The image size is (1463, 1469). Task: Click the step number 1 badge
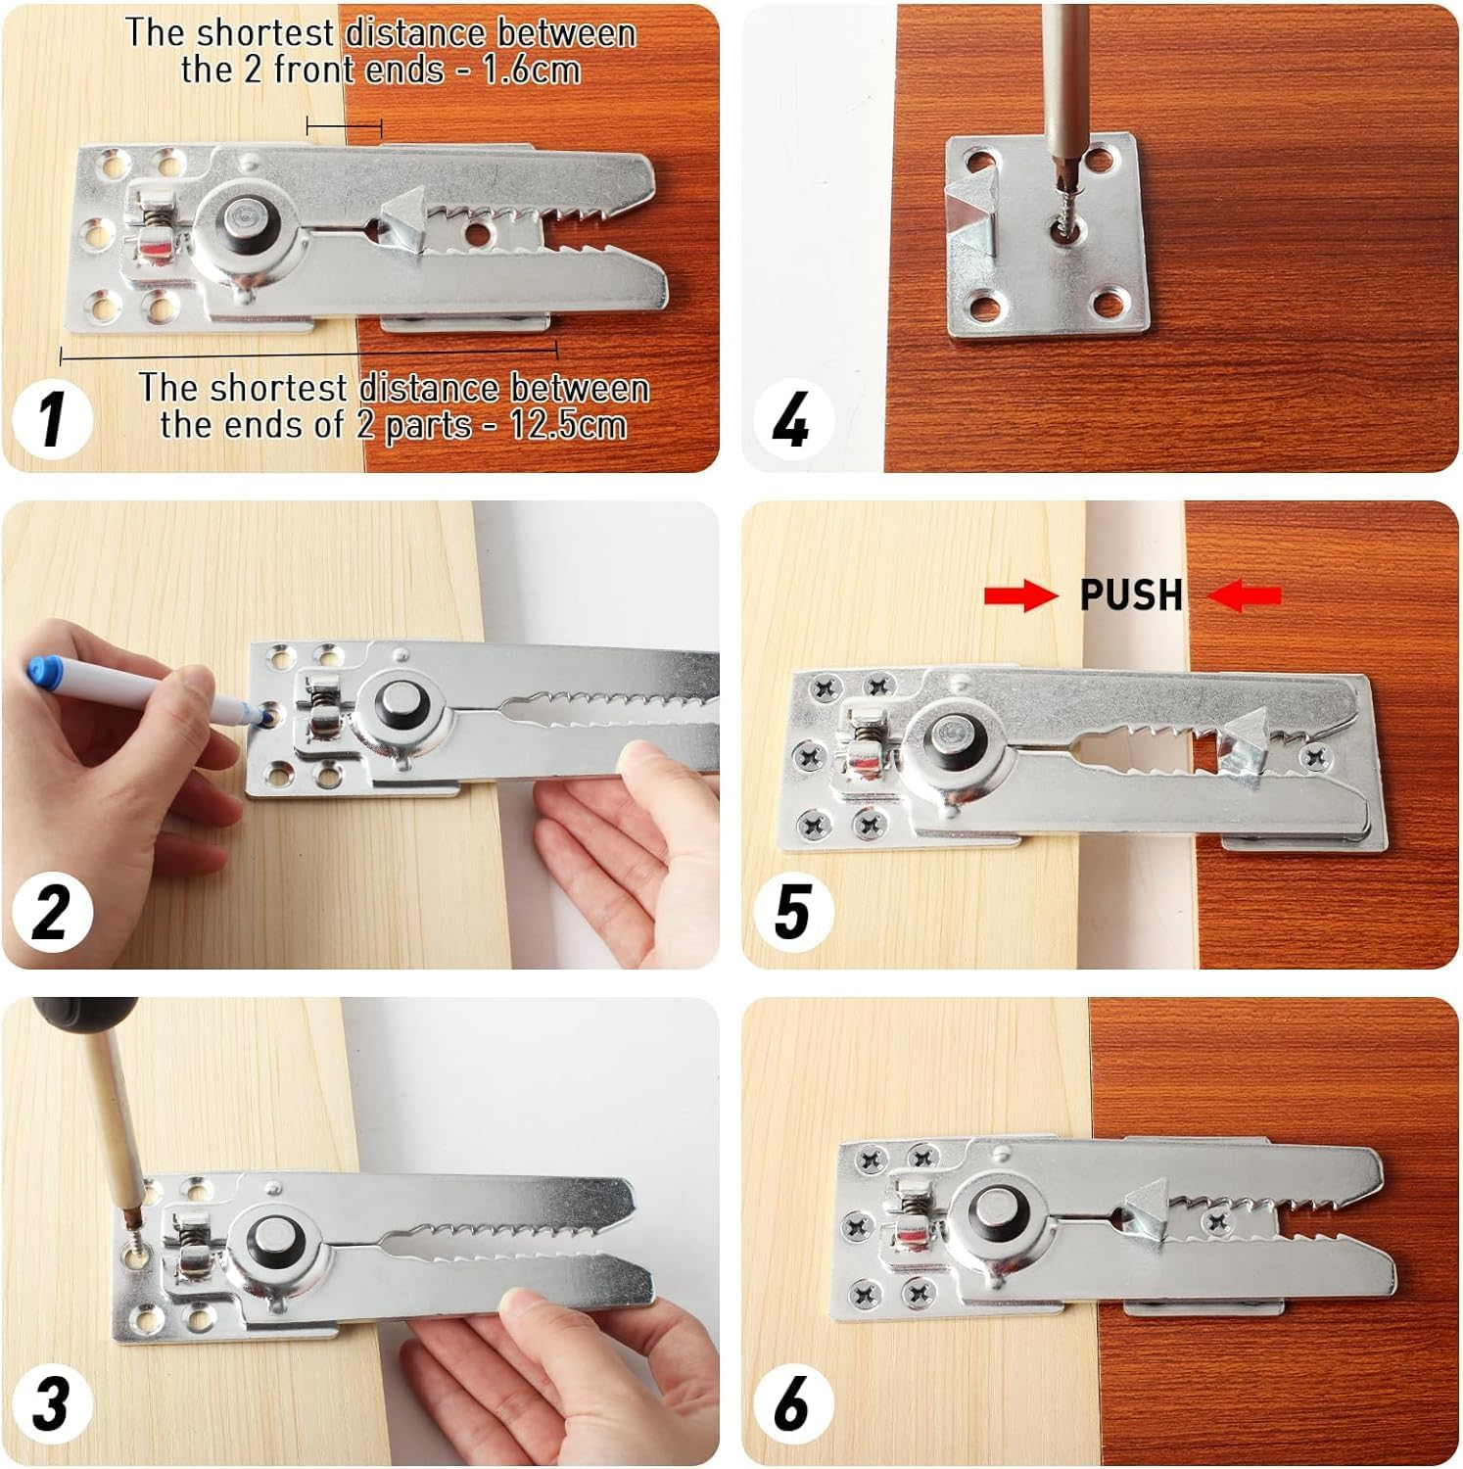52,419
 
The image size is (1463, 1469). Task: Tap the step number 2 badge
52,911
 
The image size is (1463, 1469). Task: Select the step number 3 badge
52,1402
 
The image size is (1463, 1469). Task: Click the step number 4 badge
791,419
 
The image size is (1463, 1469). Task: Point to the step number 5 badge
791,911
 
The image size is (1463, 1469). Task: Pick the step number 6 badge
791,1402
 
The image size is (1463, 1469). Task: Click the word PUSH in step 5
1131,594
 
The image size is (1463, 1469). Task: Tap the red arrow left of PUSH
1020,594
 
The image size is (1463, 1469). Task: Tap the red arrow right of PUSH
1244,594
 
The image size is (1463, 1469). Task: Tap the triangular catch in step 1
403,220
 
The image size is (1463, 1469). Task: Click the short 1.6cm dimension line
344,125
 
